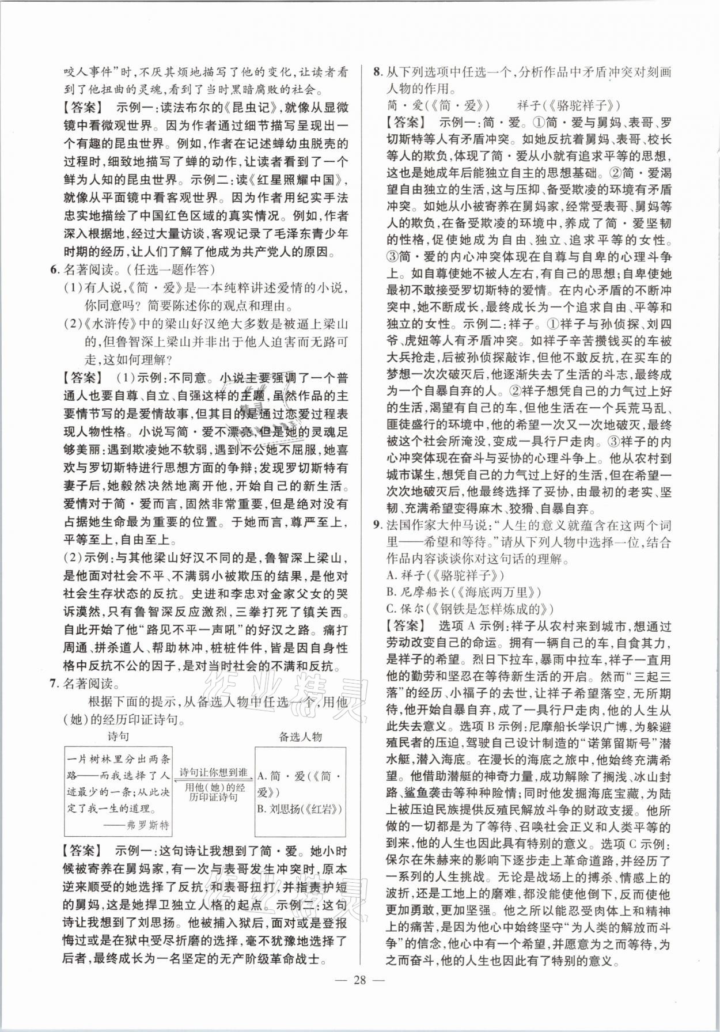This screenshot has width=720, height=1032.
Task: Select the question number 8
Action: [377, 73]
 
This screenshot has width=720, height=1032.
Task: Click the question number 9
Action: [377, 525]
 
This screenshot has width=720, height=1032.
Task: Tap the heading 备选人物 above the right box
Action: [300, 737]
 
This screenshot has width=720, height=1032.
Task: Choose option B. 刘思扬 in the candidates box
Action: [300, 809]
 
